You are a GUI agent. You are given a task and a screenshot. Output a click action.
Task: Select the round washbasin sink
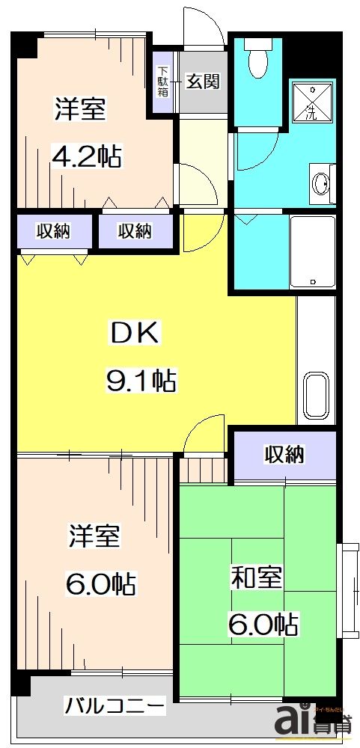point(322,182)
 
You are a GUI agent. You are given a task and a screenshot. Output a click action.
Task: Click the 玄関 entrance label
point(203,81)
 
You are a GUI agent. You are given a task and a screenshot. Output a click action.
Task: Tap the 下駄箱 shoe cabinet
point(162,82)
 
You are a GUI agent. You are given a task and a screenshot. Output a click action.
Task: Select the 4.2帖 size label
point(86,156)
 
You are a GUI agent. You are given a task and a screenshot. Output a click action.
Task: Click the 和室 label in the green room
point(256,578)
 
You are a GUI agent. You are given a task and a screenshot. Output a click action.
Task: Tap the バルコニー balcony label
point(115,705)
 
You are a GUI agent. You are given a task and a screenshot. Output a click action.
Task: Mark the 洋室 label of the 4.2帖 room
point(79,109)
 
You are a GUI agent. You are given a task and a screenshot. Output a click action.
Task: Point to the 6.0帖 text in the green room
point(264,623)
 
